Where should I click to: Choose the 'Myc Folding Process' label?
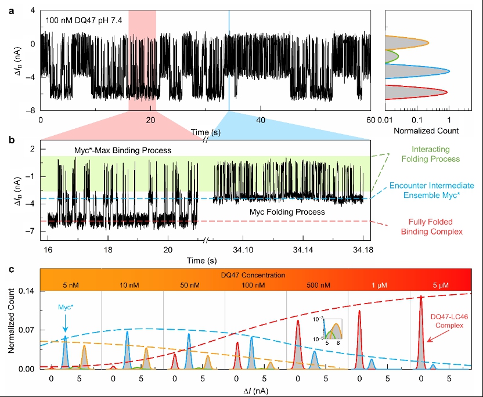(287, 212)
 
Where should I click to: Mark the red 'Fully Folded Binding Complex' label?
(431, 226)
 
